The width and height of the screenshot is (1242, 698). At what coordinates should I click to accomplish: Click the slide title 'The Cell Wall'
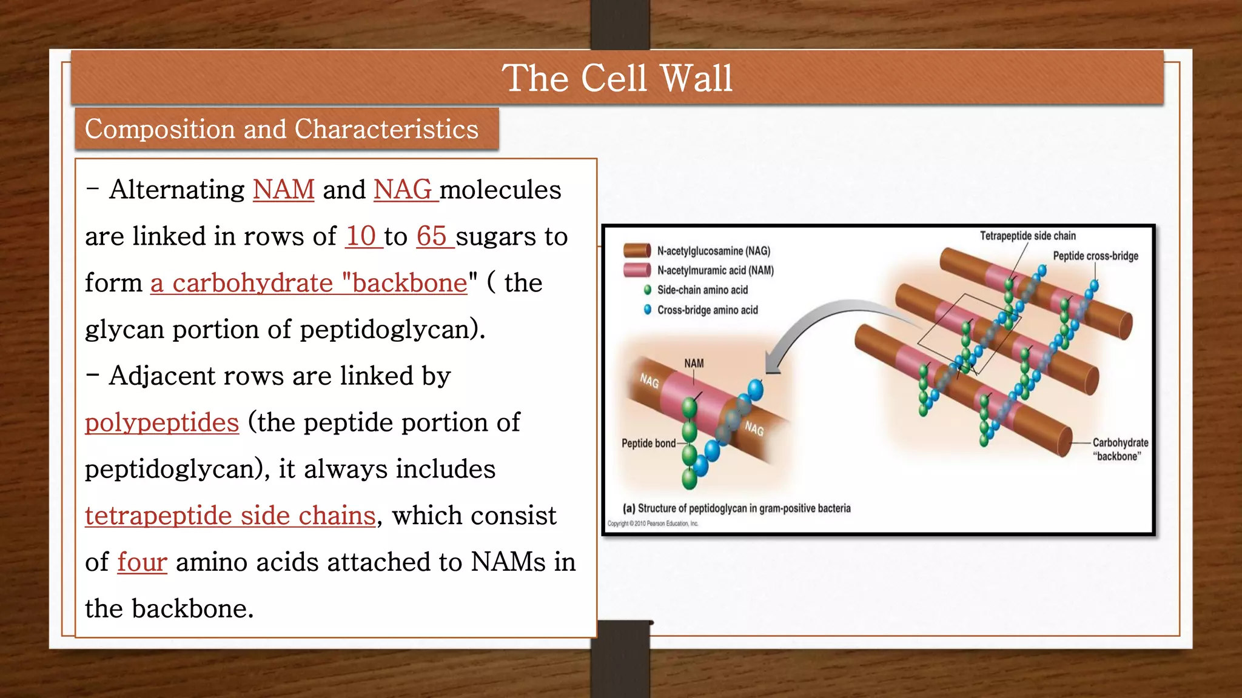(617, 79)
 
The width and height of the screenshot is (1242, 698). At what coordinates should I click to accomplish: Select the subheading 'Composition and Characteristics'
(281, 129)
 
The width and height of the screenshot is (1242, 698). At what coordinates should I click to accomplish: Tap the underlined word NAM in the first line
(283, 190)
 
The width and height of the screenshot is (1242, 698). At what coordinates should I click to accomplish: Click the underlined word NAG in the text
(403, 190)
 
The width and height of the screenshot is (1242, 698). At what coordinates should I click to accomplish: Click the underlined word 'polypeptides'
(162, 422)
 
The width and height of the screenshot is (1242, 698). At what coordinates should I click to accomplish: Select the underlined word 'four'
(142, 562)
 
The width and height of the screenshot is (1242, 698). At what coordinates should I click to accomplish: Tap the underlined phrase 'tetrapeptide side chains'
(230, 516)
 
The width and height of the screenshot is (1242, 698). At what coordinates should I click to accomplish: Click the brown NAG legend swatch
(637, 251)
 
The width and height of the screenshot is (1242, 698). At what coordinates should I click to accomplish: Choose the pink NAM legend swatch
(637, 270)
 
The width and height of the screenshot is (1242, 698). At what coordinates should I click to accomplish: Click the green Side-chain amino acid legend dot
(648, 290)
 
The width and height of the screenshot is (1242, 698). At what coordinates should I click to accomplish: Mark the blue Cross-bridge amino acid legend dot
(648, 310)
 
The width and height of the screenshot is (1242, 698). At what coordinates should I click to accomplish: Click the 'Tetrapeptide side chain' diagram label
(1028, 236)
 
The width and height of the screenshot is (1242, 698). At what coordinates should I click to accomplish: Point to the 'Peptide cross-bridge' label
(1095, 256)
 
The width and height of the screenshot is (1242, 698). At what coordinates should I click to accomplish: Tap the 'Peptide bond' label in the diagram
(648, 444)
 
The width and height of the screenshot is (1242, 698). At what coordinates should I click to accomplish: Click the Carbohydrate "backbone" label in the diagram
(1120, 450)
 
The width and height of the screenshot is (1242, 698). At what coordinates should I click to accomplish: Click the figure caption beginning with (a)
(737, 508)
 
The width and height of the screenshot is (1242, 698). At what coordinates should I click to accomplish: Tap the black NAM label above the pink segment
(694, 364)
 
